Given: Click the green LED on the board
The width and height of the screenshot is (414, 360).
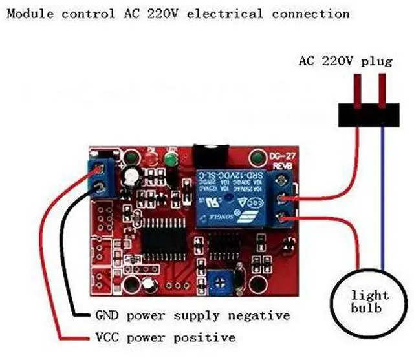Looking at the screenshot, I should point(171,159).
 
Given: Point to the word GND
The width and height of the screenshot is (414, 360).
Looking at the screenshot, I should point(107,315).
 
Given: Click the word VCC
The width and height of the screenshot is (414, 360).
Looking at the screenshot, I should point(107,337).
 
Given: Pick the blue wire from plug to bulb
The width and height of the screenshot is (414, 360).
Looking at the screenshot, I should point(383,194).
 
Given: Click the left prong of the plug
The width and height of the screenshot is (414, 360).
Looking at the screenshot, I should point(356,87).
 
